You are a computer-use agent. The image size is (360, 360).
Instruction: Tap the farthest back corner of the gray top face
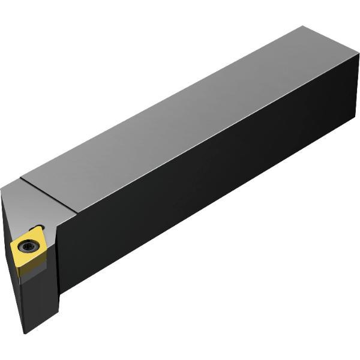point(304,26)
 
